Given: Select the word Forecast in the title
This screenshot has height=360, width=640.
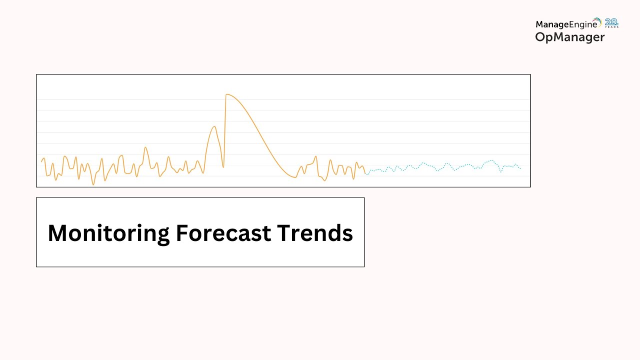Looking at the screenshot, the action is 223,233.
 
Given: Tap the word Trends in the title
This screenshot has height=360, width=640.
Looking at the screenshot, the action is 315,233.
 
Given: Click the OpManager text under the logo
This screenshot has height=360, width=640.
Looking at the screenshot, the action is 569,37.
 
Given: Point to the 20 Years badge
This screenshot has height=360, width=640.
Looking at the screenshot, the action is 611,23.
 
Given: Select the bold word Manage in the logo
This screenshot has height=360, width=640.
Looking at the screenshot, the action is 551,25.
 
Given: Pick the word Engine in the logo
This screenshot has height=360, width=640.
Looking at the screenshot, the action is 582,25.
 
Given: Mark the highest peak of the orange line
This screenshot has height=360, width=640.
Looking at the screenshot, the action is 226,94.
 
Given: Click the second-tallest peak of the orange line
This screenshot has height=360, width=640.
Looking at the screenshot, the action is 214,126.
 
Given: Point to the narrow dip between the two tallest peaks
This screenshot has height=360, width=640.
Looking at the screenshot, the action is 223,167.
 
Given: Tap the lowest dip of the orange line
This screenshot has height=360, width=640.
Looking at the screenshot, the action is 93,184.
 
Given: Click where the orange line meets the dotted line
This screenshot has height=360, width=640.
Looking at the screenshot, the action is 365,173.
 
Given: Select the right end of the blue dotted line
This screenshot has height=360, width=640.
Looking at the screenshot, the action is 520,168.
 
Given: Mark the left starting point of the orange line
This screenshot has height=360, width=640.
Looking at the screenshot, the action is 41,161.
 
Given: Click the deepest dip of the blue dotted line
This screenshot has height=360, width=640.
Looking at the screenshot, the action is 501,171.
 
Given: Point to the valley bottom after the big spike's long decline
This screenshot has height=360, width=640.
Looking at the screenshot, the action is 295,177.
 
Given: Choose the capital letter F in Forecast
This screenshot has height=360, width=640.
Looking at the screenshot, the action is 182,233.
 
